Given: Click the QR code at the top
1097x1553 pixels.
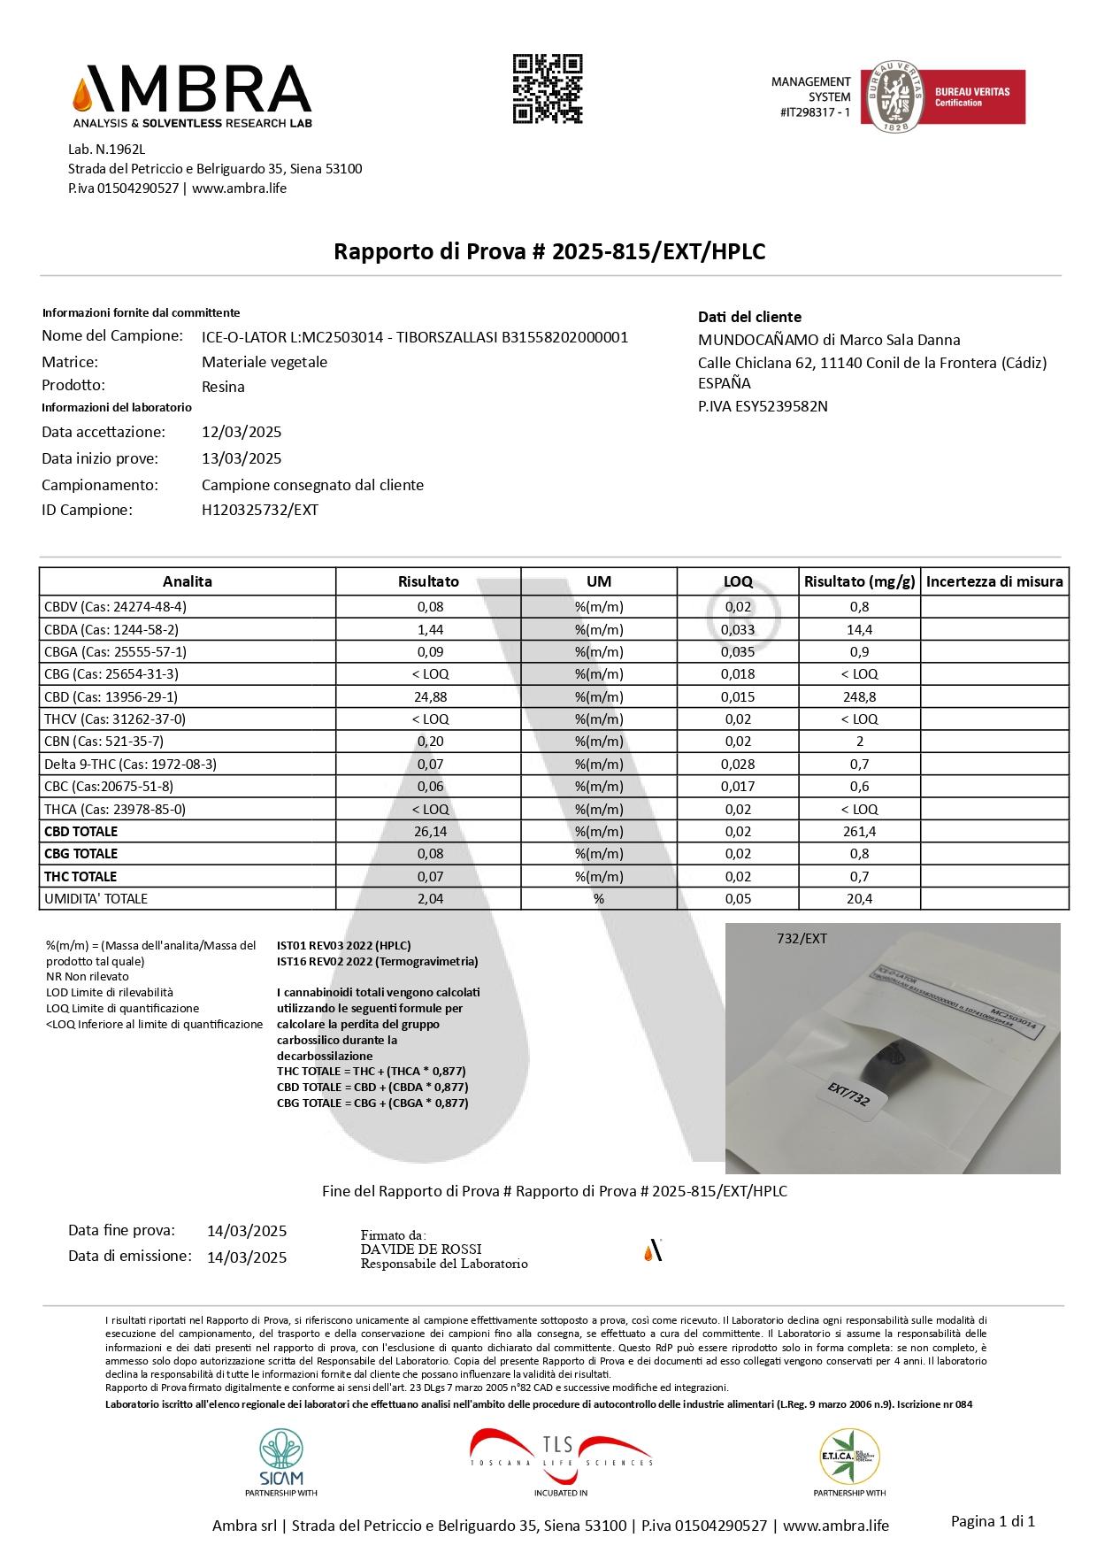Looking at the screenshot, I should [548, 88].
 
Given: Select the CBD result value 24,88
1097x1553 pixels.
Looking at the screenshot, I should [429, 696].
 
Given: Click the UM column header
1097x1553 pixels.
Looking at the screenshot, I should [599, 581].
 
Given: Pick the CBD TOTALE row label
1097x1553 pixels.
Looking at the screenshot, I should [81, 831].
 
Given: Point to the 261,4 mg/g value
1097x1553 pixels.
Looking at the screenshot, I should [859, 831].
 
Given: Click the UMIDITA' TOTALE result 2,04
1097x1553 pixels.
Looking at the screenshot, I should [429, 898].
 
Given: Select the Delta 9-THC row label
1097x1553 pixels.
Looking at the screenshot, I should [130, 764].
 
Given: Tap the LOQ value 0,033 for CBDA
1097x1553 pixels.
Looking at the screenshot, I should [738, 629].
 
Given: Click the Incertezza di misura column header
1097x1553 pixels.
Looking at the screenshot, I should [994, 581].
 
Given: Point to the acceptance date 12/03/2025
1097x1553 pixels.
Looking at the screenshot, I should [242, 432].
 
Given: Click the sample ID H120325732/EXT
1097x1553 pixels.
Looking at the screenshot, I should [260, 510].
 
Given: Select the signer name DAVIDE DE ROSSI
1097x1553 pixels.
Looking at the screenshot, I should [421, 1249].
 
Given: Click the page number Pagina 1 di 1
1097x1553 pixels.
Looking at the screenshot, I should [992, 1521].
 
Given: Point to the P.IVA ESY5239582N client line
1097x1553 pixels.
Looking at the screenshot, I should [763, 406].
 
